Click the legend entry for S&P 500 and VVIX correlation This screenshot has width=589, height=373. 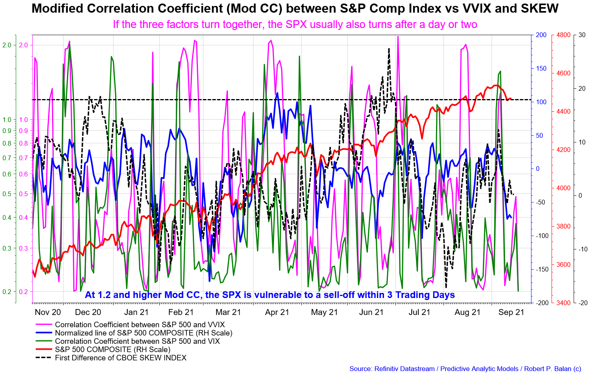(140, 325)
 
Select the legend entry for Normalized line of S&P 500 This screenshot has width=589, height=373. (144, 333)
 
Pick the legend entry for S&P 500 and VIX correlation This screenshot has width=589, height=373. (137, 341)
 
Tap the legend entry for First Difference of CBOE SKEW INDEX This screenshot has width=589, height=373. (121, 358)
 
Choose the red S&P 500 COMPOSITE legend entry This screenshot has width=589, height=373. (112, 350)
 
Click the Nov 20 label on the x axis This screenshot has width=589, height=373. (48, 312)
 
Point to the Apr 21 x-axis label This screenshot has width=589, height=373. (277, 312)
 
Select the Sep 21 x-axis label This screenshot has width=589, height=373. (511, 312)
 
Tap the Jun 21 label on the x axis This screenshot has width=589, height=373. (371, 312)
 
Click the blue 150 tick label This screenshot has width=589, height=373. (541, 69)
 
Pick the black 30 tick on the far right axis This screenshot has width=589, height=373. (582, 35)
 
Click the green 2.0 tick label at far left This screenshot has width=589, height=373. (7, 45)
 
